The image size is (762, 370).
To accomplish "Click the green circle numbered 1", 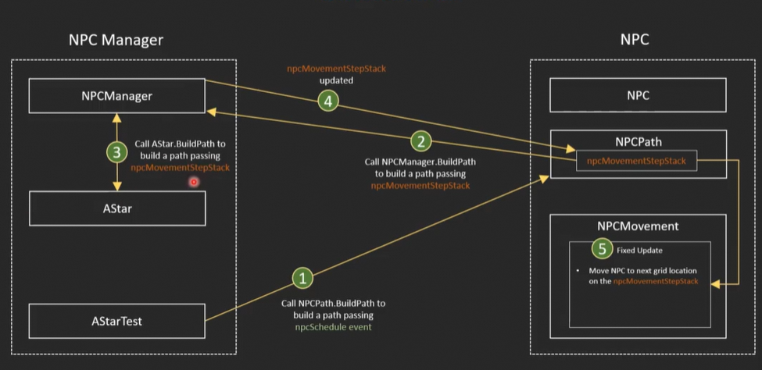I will (303, 279).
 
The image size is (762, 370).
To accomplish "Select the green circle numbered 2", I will (421, 141).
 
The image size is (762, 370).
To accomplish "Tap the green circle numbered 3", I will (116, 153).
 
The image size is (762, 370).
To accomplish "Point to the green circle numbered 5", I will (601, 249).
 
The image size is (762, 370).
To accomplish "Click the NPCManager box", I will (116, 96).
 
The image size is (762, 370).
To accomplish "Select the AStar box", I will (116, 208).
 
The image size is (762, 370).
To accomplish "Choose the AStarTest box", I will (116, 321).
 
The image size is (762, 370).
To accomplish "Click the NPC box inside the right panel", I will (639, 96).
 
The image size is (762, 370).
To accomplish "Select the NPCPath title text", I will (639, 142).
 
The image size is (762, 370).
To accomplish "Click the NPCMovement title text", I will (639, 226).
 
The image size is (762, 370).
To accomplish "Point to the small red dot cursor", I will (194, 182).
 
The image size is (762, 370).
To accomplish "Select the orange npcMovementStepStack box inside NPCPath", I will (636, 161).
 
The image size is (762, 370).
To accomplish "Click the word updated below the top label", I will (336, 80).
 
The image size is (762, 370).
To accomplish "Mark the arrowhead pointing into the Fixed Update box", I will (714, 285).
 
